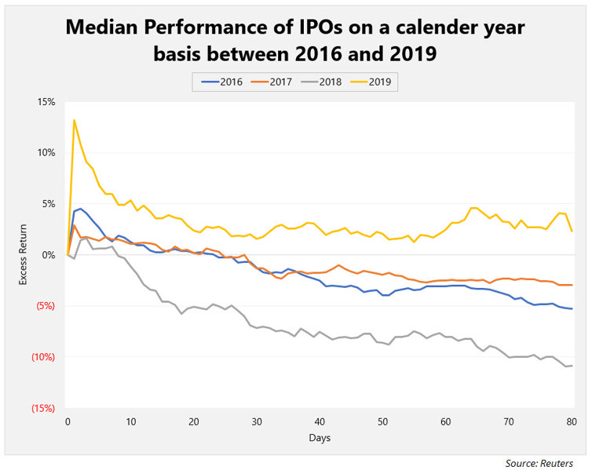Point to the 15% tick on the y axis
coord(43,102)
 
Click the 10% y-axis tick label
coord(43,153)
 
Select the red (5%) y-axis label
coord(43,306)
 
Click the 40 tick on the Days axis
coord(320,421)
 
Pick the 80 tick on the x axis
coord(572,421)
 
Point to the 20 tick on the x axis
coord(193,421)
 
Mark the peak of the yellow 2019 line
coord(74,120)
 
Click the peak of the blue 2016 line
coord(80,209)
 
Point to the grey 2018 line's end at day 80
coord(572,366)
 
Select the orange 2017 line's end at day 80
coord(572,285)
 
